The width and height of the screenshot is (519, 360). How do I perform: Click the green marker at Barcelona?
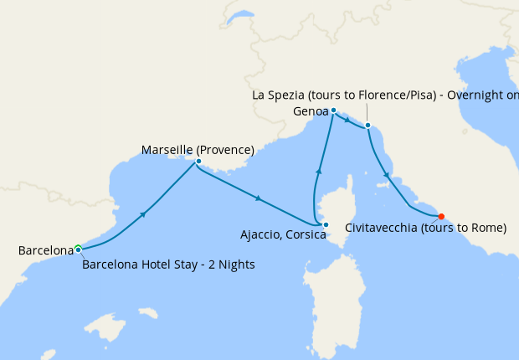[x=78, y=248]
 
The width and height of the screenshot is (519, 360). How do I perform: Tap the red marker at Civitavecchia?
[x=441, y=216]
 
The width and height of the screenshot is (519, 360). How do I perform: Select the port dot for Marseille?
[x=198, y=161]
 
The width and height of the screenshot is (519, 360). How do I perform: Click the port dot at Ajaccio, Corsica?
[x=326, y=224]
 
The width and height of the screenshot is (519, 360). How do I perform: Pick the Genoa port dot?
[x=333, y=111]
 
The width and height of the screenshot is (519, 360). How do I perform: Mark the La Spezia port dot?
[x=367, y=126]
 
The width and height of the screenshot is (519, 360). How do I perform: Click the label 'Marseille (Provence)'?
[x=198, y=150]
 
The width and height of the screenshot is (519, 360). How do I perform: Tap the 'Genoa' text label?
[x=310, y=111]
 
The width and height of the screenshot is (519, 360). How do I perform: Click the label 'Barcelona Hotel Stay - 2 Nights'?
[x=168, y=265]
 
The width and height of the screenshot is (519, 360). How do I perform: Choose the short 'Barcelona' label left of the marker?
[x=46, y=250]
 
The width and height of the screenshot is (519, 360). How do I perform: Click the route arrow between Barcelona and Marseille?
[x=144, y=215]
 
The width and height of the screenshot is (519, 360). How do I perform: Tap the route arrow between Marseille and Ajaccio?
[x=259, y=198]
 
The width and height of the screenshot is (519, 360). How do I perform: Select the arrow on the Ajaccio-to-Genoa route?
[x=318, y=172]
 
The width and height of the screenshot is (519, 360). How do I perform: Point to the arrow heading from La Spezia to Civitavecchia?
[x=386, y=175]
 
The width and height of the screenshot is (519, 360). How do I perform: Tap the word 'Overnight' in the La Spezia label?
[x=475, y=95]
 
